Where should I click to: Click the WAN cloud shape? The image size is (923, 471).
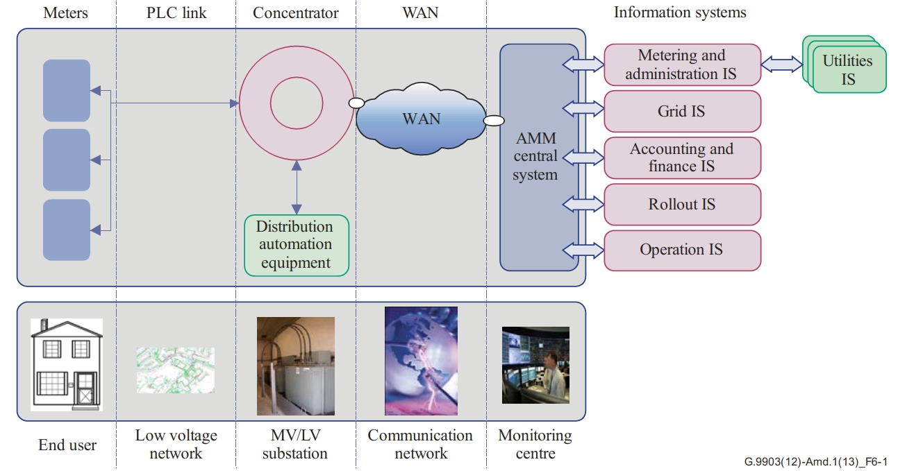pos(421,119)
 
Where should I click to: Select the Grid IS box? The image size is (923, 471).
pos(683,111)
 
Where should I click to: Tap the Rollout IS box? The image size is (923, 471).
pos(683,204)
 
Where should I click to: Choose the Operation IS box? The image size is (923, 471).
pos(683,250)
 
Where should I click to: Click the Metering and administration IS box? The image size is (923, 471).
pos(683,65)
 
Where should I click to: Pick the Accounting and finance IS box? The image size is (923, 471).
pos(683,157)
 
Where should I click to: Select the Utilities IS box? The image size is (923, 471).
pos(849,69)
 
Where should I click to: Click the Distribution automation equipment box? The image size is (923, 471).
pos(297,246)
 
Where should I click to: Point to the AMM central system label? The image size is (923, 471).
pos(535,156)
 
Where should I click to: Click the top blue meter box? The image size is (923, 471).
pos(67,91)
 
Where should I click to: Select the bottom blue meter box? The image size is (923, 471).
pos(67,230)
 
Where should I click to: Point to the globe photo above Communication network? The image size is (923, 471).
pos(421,361)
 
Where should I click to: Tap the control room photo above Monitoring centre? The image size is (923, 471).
pos(535,365)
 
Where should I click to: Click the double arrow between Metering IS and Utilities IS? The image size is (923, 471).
pos(781,65)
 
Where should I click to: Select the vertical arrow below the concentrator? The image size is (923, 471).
pos(297,187)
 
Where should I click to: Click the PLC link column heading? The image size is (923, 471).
pos(176,12)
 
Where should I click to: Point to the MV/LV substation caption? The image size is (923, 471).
pos(295,444)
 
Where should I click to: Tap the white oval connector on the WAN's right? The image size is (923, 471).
pos(494,121)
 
